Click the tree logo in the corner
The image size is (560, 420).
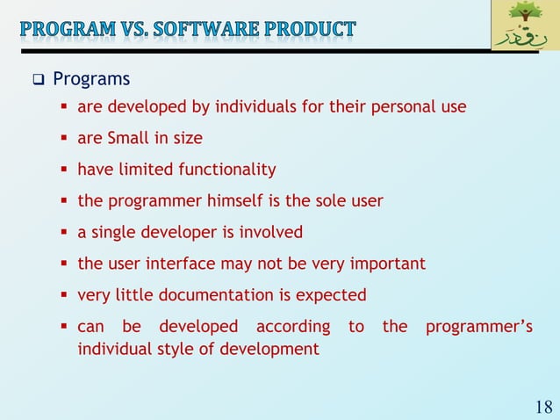tap(525, 25)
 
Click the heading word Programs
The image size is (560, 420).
tap(91, 80)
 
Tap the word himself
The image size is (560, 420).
tap(232, 200)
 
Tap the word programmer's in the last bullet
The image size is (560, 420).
tap(478, 327)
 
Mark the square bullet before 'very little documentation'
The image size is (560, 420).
tap(65, 295)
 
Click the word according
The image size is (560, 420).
tap(293, 327)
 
